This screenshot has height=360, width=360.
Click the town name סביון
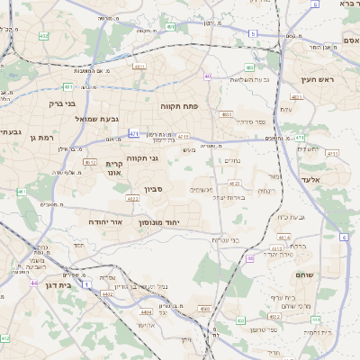coord(153,190)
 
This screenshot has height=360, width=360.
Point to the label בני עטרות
coord(225,239)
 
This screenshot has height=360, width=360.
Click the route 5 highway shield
coord(253,33)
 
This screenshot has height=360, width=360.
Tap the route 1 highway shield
coord(87,284)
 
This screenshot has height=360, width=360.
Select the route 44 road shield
coord(33,283)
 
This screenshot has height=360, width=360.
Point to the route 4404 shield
coord(147,311)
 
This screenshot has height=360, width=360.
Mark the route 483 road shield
coord(249,68)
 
